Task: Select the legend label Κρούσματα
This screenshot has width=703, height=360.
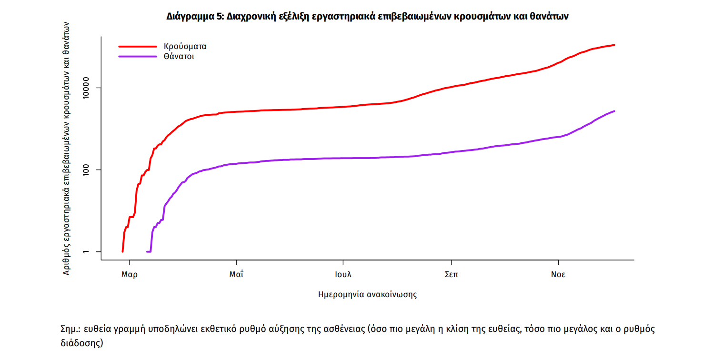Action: click(185, 47)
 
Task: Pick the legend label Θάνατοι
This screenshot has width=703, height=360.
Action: click(179, 56)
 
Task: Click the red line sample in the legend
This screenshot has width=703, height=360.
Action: click(138, 47)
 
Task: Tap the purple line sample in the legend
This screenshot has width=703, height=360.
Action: click(138, 56)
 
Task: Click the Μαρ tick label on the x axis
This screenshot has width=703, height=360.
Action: click(130, 275)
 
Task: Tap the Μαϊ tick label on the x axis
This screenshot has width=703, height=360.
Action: click(236, 275)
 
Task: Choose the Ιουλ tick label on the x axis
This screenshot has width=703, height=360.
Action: click(343, 275)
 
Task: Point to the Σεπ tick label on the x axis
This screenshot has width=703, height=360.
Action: click(451, 275)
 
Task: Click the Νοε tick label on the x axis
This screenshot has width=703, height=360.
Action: click(558, 275)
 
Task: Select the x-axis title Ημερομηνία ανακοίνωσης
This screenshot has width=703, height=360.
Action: click(367, 294)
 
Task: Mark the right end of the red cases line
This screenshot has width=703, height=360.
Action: click(614, 45)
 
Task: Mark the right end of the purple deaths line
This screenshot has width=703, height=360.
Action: click(614, 111)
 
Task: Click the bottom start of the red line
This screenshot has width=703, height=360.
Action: click(122, 251)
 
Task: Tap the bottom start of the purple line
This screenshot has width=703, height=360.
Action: click(147, 251)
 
